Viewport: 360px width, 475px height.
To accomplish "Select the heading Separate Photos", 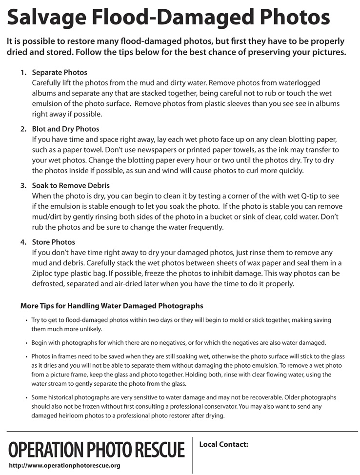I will pos(60,73).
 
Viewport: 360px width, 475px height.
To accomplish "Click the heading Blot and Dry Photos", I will pos(65,129).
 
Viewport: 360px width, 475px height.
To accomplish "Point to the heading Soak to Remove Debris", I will pos(71,186).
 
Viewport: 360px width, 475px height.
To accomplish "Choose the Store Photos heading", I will pos(54,242).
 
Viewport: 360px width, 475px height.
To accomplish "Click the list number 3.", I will pos(23,186).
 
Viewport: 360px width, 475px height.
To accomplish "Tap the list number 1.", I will pos(23,73).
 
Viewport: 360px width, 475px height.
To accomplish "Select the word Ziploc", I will pos(44,274).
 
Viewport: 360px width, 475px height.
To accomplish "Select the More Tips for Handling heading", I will pos(112,306).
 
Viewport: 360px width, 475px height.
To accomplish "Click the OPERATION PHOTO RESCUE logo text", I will pos(97,449).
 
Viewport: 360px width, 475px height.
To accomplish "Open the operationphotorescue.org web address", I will pos(64,466).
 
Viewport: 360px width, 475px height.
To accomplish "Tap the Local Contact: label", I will pos(224,444).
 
